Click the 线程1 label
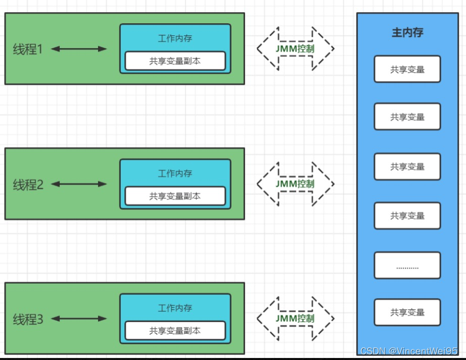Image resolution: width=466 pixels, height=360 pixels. pyautogui.click(x=28, y=49)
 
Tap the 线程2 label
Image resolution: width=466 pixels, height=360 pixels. pyautogui.click(x=28, y=185)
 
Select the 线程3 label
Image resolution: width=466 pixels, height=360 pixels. pyautogui.click(x=28, y=319)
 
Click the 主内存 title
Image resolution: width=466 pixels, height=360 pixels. pyautogui.click(x=407, y=33)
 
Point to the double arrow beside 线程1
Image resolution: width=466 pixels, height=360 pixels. pyautogui.click(x=79, y=49)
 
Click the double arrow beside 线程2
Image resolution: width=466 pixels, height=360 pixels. pyautogui.click(x=79, y=184)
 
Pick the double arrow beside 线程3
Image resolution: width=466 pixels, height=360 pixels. pyautogui.click(x=79, y=319)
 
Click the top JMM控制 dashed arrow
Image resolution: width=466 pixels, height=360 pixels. pyautogui.click(x=295, y=49)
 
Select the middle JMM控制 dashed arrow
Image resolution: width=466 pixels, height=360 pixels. pyautogui.click(x=295, y=184)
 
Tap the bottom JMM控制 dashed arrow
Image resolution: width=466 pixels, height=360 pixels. pyautogui.click(x=295, y=318)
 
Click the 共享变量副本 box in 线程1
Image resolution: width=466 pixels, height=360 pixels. pyautogui.click(x=175, y=61)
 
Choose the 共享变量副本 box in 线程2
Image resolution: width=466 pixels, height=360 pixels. pyautogui.click(x=175, y=196)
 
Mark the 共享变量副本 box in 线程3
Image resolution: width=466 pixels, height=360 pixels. pyautogui.click(x=175, y=331)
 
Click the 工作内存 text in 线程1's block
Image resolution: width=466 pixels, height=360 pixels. pyautogui.click(x=175, y=38)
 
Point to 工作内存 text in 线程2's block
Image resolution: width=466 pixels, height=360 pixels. pyautogui.click(x=175, y=173)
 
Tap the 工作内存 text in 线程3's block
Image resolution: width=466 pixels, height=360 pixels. pyautogui.click(x=175, y=308)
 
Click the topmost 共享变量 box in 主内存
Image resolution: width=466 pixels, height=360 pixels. pyautogui.click(x=407, y=69)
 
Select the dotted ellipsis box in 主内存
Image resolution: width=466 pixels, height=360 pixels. pyautogui.click(x=407, y=265)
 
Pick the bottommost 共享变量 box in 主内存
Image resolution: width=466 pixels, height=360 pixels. pyautogui.click(x=407, y=312)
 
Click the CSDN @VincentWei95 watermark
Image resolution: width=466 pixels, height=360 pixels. pyautogui.click(x=409, y=351)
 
